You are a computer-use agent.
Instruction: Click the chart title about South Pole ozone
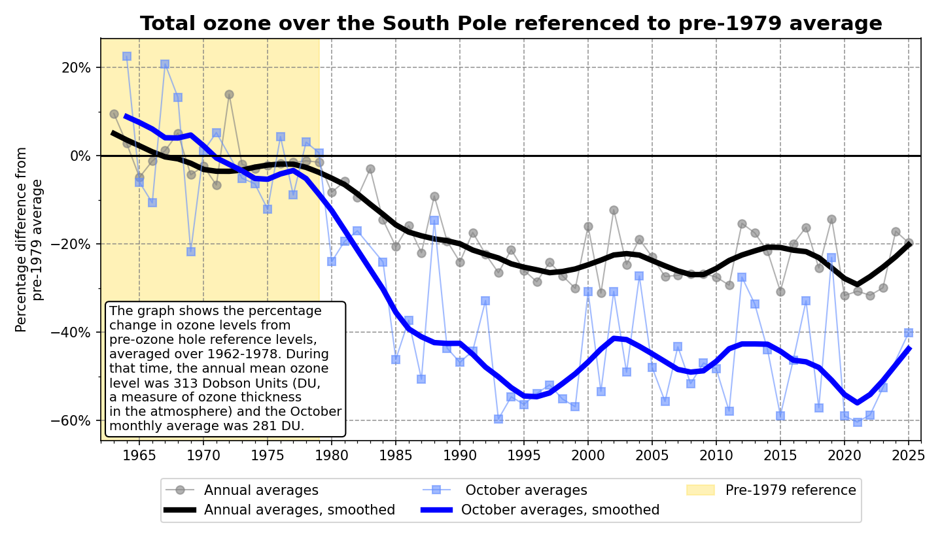coord(511,24)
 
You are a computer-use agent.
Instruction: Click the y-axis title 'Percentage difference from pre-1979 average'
coord(29,239)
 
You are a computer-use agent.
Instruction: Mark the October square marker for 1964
coord(127,56)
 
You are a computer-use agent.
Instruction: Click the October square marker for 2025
coord(909,333)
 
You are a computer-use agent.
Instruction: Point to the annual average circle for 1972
coord(229,94)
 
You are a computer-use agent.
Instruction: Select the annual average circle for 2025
coord(909,243)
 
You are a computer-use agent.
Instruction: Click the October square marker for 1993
coord(498,419)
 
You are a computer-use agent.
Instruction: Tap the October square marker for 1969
coord(191,252)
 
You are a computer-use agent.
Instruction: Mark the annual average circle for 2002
coord(614,210)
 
